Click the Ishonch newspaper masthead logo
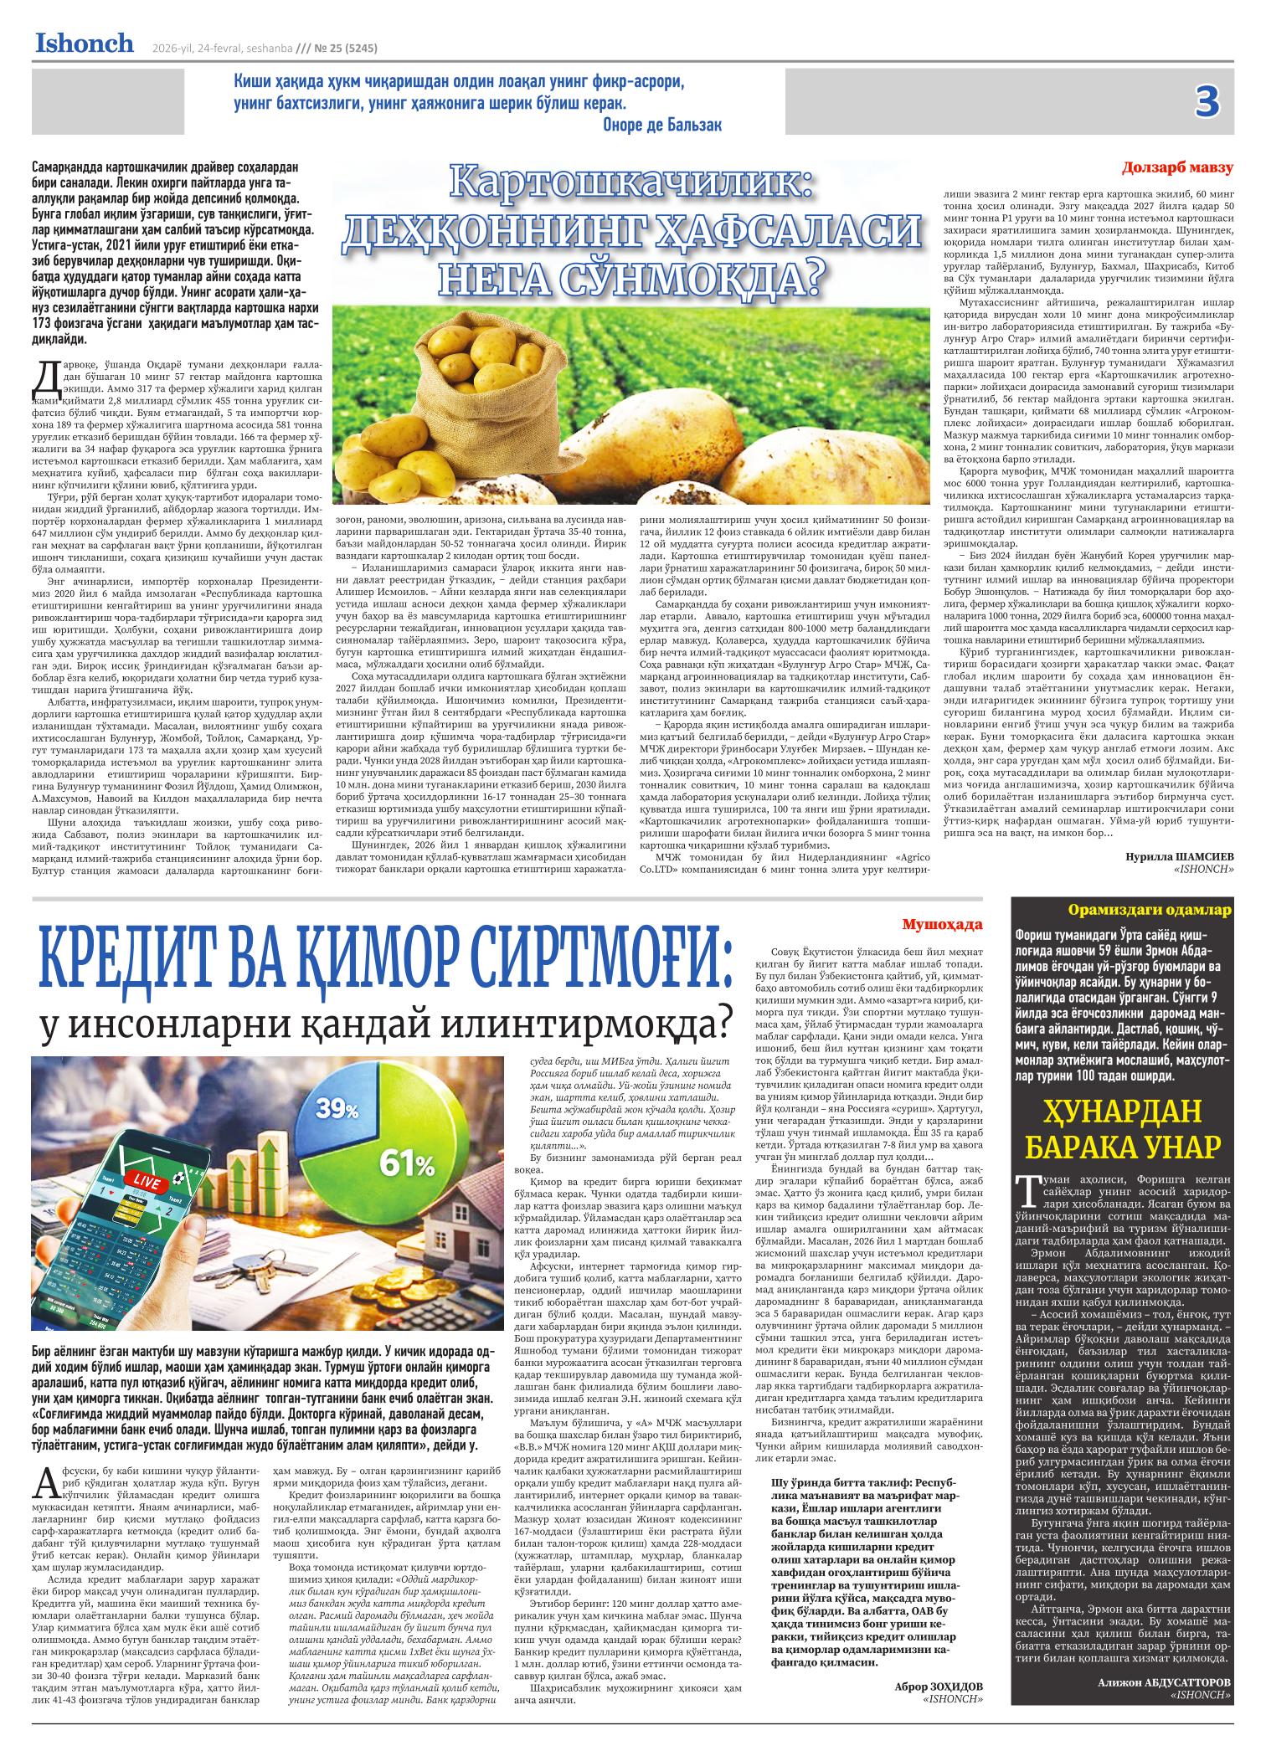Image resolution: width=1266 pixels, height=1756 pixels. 84,44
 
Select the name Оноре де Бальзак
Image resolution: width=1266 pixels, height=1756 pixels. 661,125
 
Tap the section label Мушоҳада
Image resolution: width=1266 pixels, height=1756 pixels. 943,924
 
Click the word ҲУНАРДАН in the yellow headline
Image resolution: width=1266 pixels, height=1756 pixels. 1122,1111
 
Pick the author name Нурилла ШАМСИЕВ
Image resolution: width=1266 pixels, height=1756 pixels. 1180,857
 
